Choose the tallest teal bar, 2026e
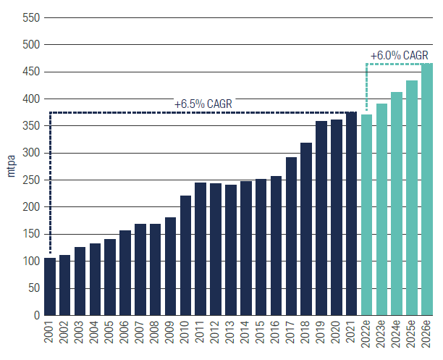[426, 189]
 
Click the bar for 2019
[321, 218]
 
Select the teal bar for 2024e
[397, 204]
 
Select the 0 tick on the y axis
[34, 315]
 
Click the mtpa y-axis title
[11, 167]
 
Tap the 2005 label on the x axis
[110, 335]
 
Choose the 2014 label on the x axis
[245, 335]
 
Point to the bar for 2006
[125, 273]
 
